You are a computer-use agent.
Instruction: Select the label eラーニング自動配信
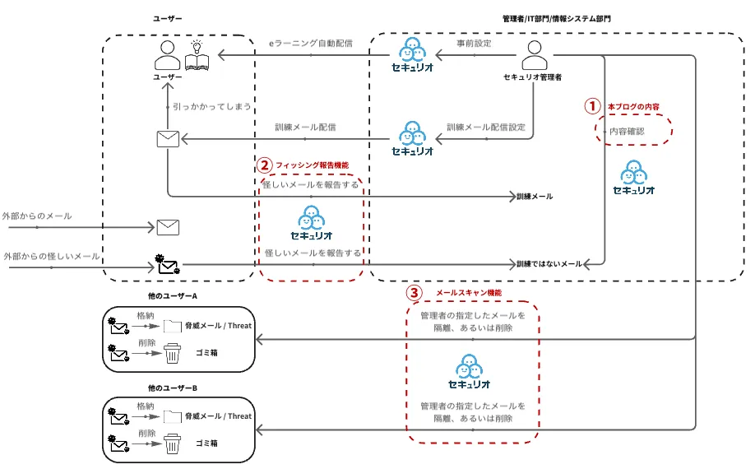point(311,43)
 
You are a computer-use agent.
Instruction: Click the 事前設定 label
point(474,43)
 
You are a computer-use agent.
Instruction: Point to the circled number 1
point(592,106)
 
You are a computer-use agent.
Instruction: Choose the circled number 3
point(415,292)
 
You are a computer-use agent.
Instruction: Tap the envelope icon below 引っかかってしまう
point(168,139)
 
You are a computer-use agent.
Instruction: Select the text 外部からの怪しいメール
point(52,257)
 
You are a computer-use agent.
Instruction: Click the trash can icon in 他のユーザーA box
point(172,355)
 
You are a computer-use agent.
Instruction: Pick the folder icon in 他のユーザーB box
point(172,416)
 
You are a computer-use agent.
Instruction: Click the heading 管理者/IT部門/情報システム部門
point(557,18)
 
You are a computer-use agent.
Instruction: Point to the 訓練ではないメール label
point(549,264)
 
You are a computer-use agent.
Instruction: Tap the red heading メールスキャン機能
point(469,292)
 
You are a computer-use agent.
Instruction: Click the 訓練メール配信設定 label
point(486,128)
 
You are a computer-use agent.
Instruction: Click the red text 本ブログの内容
point(634,106)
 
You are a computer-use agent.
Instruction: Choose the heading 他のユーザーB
point(173,388)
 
